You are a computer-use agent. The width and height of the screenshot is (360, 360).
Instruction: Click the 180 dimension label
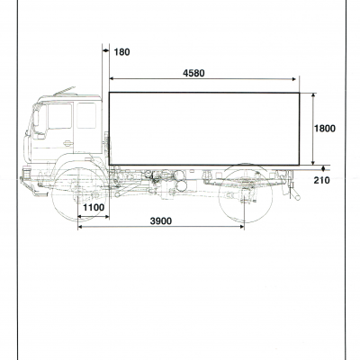pos(121,52)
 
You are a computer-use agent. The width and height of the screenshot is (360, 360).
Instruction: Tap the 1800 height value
pos(325,129)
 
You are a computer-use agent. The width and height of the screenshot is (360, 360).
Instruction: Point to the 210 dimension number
pos(322,180)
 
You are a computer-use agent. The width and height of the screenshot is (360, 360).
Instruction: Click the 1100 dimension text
pos(94,207)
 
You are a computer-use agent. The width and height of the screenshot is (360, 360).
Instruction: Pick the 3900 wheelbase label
pos(161,221)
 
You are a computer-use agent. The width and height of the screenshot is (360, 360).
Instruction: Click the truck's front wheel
pos(78,195)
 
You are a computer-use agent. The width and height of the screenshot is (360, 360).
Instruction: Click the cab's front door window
pos(59,116)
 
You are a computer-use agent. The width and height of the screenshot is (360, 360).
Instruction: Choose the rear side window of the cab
pos(86,115)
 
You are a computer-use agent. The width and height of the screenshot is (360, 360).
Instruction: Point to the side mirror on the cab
pos(36,118)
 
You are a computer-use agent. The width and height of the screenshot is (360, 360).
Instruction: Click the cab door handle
pos(68,143)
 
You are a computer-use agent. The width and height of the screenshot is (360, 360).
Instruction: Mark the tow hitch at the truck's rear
pos(293,192)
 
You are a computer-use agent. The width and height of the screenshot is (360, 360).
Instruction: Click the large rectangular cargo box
pos(204,129)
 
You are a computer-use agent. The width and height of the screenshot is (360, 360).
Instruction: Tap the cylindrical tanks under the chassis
pos(181,181)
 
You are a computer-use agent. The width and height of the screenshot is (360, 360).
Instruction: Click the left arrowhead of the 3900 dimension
pos(80,227)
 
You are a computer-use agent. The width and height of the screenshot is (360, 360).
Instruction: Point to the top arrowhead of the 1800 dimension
pos(313,94)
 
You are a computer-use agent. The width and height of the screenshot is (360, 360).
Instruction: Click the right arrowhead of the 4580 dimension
pos(294,79)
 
